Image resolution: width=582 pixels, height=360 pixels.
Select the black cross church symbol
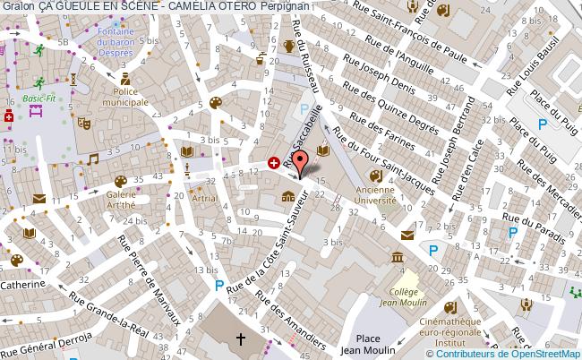[240, 339]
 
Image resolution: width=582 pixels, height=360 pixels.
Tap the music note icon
[93, 159]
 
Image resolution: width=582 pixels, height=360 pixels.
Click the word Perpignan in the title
[288, 5]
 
